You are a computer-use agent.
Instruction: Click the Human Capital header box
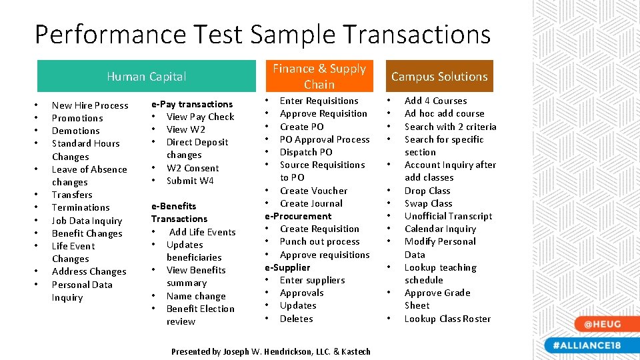146,77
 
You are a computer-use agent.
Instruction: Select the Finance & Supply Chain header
319,77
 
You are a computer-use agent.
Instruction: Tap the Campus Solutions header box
439,77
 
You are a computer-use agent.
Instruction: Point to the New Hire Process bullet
90,105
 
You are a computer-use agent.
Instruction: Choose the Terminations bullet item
81,207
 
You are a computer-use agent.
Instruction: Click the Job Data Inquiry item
87,221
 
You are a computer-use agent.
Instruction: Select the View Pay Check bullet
200,117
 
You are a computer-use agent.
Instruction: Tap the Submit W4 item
191,181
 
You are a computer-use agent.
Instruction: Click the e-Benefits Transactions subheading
179,212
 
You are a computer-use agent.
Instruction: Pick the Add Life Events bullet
202,232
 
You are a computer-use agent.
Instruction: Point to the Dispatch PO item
305,152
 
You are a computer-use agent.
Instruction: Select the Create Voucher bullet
313,191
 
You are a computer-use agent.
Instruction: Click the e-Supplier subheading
287,267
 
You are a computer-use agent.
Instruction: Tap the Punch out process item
319,241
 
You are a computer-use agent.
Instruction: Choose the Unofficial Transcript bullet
448,216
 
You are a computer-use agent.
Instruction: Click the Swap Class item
428,203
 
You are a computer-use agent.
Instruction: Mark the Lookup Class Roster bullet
447,319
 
